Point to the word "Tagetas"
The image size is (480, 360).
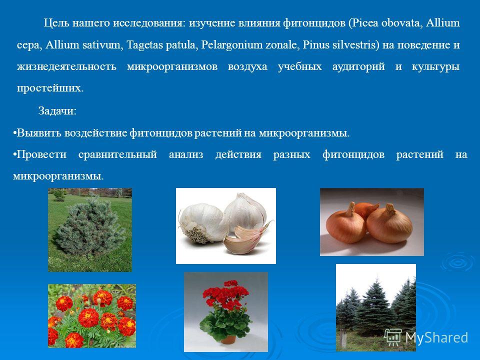coord(144,45)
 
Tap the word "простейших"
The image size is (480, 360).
coord(50,88)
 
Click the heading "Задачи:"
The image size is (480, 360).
coord(57,111)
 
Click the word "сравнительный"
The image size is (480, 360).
coord(117,154)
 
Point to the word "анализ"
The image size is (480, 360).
coord(186,154)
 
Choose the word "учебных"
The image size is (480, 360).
coord(300,66)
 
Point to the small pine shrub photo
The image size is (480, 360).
coord(90,230)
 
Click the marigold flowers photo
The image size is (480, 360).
coord(92,316)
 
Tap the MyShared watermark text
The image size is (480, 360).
coord(436,337)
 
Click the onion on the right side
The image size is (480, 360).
coord(389,223)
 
